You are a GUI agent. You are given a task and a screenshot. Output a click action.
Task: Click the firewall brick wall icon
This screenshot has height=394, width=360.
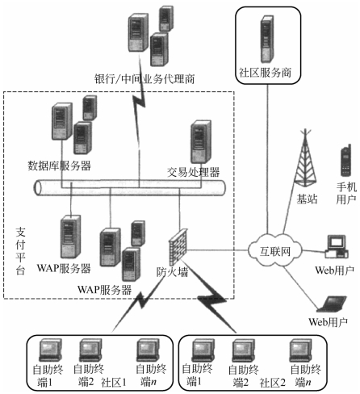coord(178,247)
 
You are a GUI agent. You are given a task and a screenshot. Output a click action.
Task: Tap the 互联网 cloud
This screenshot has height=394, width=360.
coord(274,250)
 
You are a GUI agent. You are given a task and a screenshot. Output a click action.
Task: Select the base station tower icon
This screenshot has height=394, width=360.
coord(305,158)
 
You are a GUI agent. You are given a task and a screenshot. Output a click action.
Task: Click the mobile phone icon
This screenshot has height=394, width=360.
coord(345,161)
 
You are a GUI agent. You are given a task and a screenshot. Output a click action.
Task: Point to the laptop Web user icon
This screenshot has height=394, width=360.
coord(332,304)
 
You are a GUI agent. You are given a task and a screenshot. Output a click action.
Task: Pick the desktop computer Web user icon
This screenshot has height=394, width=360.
coord(337,247)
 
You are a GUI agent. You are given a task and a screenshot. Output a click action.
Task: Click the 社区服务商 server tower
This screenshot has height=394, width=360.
coord(267,39)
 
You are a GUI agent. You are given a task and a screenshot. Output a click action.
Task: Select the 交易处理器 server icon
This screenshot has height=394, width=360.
coord(201,142)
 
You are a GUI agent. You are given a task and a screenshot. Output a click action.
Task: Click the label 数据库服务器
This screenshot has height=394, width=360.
coord(60,166)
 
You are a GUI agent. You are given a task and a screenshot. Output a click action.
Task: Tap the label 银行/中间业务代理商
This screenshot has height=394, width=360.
coord(144,79)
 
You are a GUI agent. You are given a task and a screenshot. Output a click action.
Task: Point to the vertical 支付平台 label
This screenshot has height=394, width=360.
coord(20,250)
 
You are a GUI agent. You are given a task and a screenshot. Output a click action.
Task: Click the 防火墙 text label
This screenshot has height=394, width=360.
coord(172,272)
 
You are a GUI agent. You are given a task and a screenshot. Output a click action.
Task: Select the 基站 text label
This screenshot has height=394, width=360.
coord(307,199)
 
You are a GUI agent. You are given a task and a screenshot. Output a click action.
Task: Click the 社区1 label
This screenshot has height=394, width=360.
coord(114,382)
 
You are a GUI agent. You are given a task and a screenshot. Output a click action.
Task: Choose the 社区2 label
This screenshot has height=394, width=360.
coord(272,382)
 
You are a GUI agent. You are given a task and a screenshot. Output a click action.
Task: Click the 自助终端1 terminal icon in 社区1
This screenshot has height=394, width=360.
coord(50,350)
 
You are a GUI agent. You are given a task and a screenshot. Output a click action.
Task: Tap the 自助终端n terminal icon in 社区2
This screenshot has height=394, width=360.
coord(300,350)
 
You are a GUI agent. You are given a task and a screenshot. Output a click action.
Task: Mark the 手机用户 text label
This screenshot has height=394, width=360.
coord(346,193)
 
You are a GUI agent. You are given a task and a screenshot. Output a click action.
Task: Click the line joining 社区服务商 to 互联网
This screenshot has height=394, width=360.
coord(267,159)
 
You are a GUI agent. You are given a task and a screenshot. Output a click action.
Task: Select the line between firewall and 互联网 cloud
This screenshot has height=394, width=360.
coord(218,250)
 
